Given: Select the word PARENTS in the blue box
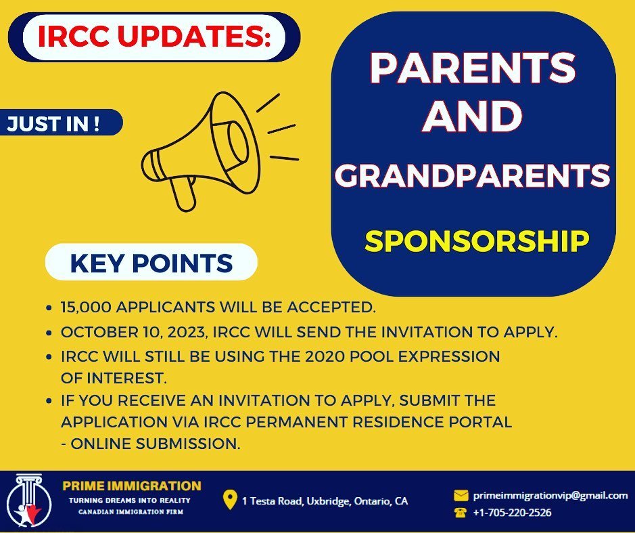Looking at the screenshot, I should (x=473, y=70).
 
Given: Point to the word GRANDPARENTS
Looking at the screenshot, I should (x=473, y=176).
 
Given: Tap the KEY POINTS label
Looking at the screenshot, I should (x=151, y=263).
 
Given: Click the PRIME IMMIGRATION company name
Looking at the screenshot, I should (x=132, y=486).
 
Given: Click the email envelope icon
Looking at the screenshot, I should (x=461, y=495).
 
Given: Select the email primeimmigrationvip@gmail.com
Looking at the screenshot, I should (x=550, y=495).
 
